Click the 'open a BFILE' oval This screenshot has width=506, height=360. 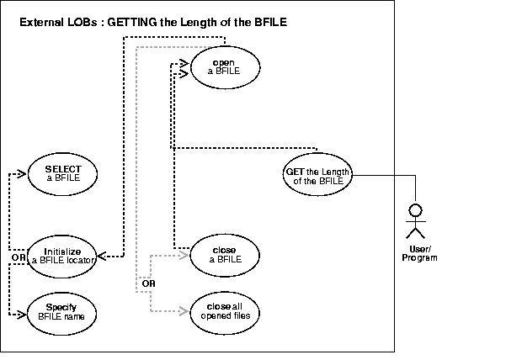tap(223, 67)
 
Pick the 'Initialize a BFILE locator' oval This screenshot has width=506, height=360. tap(62, 254)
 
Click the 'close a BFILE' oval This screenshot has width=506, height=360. tap(223, 254)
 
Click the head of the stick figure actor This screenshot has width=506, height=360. tap(413, 208)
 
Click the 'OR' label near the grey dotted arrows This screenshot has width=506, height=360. tap(148, 283)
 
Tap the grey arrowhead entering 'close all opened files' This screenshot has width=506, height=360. tap(185, 311)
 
